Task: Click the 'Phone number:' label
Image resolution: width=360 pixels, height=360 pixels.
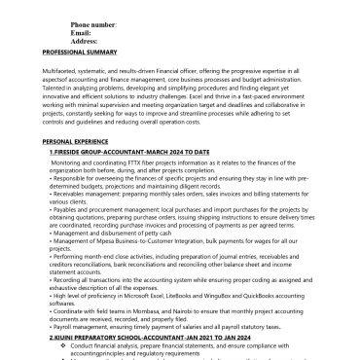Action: (94, 23)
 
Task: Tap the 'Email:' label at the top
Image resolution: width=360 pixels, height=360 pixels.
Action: (84, 32)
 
